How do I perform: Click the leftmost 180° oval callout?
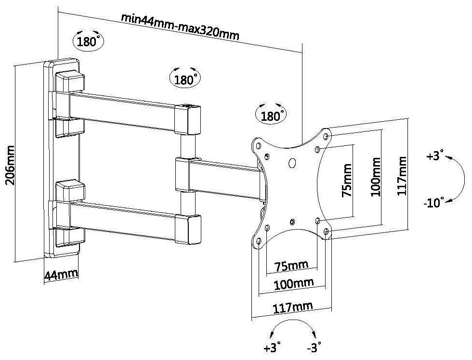88,41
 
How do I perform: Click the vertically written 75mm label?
346,180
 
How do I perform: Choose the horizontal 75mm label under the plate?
292,266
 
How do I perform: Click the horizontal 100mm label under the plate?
293,284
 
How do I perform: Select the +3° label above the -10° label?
434,157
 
